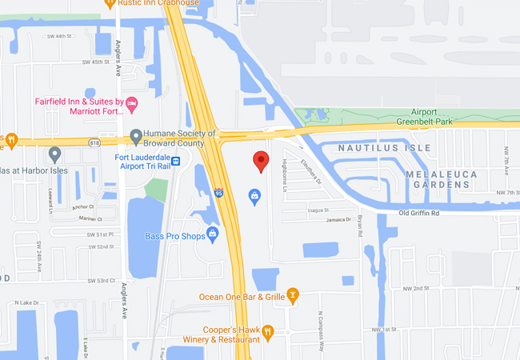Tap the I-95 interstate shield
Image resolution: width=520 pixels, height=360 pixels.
point(219,193)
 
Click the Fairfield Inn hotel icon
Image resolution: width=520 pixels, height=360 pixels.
point(133,102)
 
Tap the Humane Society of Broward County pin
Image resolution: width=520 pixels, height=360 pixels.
point(136,135)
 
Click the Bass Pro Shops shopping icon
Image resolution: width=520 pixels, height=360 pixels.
point(212,234)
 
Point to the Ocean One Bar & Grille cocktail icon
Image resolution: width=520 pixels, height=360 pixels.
point(293,296)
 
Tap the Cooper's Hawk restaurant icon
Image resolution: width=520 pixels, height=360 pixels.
point(268,330)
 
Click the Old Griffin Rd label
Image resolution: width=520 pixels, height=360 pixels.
point(431,213)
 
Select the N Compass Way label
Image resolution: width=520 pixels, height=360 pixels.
point(319,330)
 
